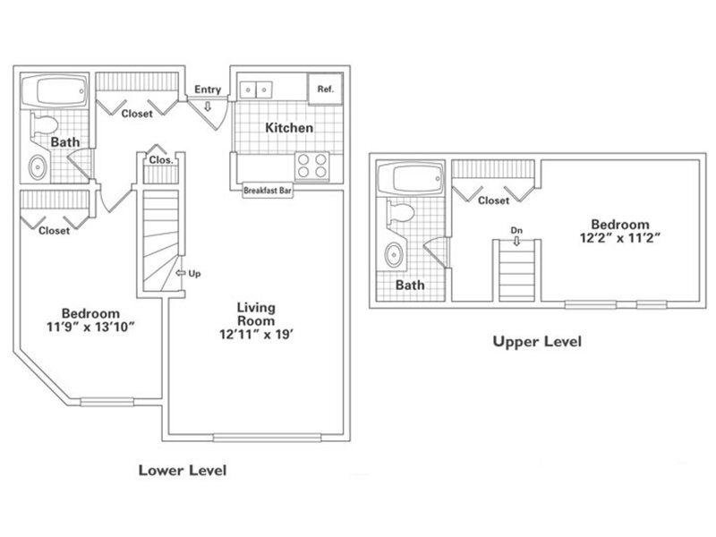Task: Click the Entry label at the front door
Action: [209, 89]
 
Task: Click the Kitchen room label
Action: [289, 128]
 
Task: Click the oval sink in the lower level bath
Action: [38, 166]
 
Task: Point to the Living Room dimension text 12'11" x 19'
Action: [255, 338]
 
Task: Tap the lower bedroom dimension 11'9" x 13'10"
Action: [90, 328]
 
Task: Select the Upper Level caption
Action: [538, 341]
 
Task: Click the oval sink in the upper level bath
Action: [393, 255]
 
